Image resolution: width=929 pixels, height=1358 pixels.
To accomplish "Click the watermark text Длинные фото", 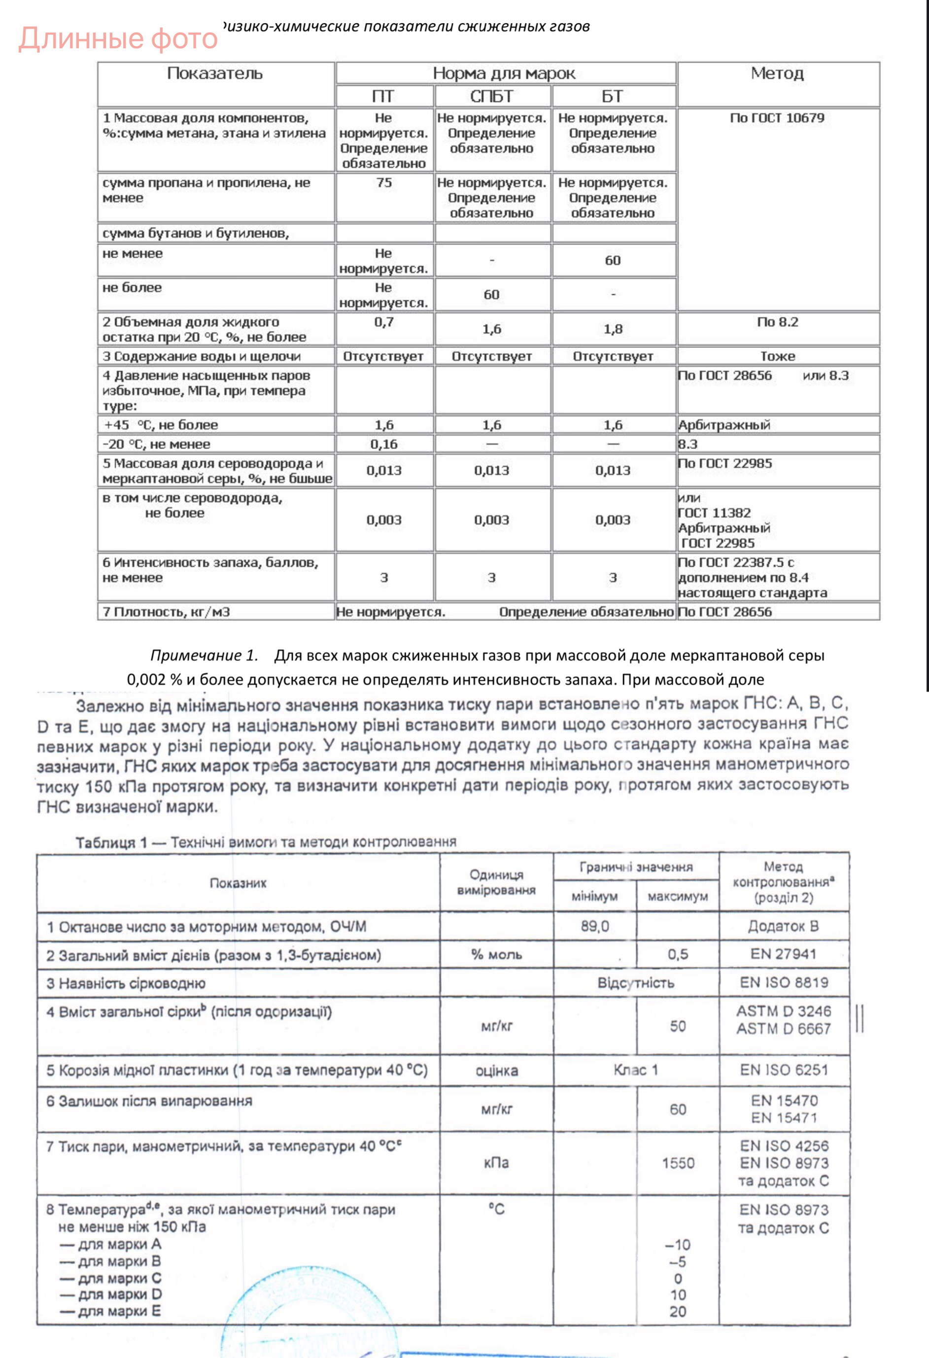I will point(118,38).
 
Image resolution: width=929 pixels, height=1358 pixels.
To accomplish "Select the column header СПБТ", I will point(491,96).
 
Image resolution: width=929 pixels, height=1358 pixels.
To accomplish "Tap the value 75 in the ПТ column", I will point(384,183).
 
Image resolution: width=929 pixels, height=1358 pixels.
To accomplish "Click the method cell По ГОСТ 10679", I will point(777,118).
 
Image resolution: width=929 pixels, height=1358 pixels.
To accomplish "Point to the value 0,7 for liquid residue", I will point(384,322).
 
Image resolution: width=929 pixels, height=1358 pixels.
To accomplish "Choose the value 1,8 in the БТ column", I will point(613,329).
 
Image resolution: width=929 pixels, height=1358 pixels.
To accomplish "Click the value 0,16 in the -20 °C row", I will point(384,444).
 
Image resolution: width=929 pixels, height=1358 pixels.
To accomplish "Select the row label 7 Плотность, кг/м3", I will point(167,612).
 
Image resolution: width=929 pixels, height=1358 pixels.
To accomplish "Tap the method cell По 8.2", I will point(777,322).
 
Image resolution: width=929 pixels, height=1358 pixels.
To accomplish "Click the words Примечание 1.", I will point(204,655).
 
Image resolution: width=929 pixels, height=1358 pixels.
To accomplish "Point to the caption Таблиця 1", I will point(111,842).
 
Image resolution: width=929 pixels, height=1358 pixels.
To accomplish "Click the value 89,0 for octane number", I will point(595,926).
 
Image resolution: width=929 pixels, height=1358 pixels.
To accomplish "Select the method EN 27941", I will point(783,954).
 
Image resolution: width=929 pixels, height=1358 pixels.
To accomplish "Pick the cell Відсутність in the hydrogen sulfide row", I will point(636,983).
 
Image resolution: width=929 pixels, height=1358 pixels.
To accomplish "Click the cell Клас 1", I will point(636,1070).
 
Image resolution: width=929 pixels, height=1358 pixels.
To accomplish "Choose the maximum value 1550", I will point(678,1163).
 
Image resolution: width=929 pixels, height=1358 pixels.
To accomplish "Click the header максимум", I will point(678,896).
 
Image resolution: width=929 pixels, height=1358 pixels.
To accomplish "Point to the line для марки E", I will point(111,1311).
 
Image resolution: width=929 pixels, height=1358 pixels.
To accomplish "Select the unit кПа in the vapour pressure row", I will point(496,1163).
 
